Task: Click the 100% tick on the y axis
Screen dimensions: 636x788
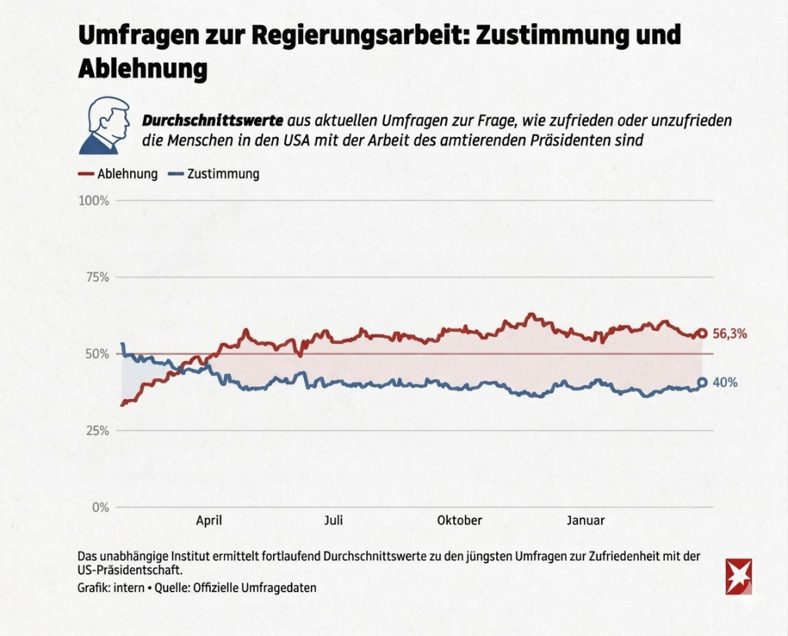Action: (x=94, y=200)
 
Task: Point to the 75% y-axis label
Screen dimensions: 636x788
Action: (x=97, y=277)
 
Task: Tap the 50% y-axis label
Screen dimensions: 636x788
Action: (x=97, y=354)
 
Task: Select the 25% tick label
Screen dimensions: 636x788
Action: (x=97, y=430)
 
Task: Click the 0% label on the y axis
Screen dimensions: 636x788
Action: (x=101, y=507)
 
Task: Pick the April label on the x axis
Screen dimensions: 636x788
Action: (x=209, y=521)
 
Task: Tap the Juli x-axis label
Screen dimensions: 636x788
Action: (x=333, y=521)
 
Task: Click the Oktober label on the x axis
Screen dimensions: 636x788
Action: (x=459, y=521)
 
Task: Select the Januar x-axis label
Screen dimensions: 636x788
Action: (x=586, y=521)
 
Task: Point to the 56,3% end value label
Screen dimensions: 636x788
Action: (x=730, y=334)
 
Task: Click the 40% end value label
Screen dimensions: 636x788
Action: (x=726, y=383)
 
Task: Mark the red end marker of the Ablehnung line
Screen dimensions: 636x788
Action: (x=702, y=333)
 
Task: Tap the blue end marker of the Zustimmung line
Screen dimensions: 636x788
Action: (x=702, y=382)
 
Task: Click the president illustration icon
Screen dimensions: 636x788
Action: (x=105, y=126)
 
